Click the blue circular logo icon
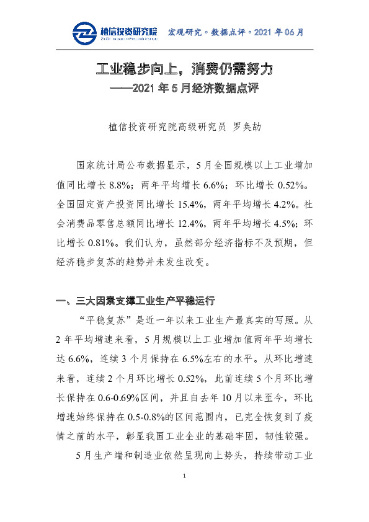(84, 33)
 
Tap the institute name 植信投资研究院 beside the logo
(128, 30)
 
